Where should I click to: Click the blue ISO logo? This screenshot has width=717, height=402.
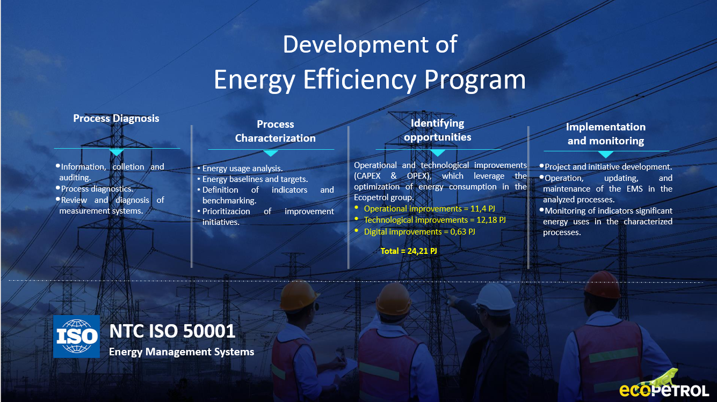[x=76, y=337]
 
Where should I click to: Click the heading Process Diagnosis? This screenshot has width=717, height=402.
[x=116, y=118]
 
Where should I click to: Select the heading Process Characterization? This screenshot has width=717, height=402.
[x=276, y=131]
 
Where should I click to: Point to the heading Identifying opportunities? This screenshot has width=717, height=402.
[x=438, y=130]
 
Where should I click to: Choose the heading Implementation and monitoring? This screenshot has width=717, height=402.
[x=606, y=134]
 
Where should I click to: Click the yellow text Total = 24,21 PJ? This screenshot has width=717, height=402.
[x=409, y=251]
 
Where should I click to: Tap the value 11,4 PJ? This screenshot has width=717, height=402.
[x=483, y=209]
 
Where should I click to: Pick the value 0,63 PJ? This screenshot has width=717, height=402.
[x=463, y=232]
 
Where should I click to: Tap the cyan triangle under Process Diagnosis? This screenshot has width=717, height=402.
[x=117, y=152]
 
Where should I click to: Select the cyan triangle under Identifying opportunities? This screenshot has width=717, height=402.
[x=438, y=153]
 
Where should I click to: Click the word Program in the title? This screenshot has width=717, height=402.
[x=475, y=81]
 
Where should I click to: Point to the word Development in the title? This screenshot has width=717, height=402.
[x=355, y=45]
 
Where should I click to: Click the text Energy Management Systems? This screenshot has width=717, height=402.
[x=182, y=352]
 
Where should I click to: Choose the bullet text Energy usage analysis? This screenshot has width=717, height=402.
[x=242, y=169]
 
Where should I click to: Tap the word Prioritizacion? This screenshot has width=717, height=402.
[x=226, y=211]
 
